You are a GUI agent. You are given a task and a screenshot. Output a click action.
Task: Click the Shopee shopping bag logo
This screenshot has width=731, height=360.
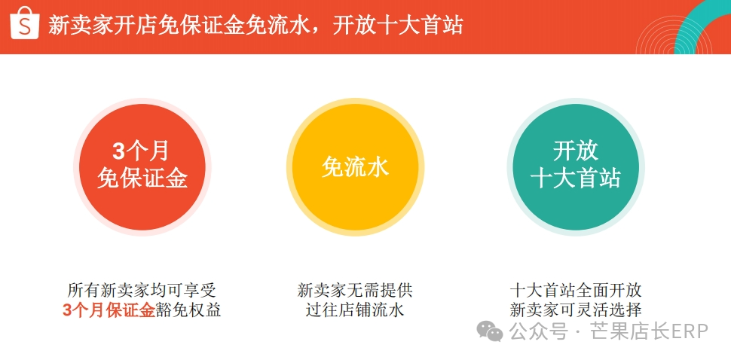point(25,25)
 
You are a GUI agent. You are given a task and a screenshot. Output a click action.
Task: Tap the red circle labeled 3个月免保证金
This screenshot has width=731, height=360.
point(142,166)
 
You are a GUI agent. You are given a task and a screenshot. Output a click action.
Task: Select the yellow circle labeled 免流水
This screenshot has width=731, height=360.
point(355,166)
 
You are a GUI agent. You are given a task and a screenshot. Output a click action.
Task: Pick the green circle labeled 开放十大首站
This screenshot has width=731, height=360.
point(576,166)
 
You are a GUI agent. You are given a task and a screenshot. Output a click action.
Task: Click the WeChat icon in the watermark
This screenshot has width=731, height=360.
point(490,331)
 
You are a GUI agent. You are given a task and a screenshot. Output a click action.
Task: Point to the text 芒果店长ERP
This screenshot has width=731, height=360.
point(649,331)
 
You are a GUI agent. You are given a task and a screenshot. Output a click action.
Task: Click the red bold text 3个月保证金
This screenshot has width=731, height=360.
point(109,310)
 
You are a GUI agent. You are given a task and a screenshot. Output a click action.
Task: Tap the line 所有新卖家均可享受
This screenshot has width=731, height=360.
point(142,290)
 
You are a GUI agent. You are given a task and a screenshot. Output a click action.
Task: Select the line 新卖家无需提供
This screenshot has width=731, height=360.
point(355,290)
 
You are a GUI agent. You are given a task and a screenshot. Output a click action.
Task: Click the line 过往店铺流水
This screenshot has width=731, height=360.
point(355,310)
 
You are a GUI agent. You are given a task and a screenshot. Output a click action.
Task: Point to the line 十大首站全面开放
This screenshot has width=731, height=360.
point(576,290)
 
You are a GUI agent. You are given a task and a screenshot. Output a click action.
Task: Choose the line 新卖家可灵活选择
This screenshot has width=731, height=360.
point(576,310)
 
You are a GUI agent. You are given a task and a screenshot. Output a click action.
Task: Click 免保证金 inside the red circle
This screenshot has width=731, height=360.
point(142,178)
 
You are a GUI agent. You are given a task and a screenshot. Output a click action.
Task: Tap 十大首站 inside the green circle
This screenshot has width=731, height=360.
point(576,178)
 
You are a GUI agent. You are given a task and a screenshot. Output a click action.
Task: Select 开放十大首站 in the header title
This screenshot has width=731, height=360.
point(398,26)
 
